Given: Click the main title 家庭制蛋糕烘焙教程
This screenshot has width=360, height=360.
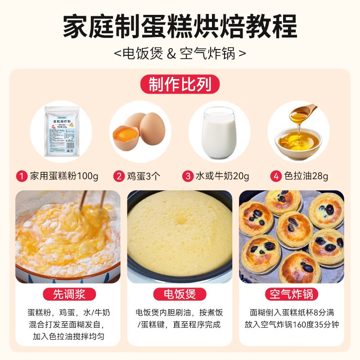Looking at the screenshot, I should pos(180,27).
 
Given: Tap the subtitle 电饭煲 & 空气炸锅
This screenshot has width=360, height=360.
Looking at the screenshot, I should pos(180,54).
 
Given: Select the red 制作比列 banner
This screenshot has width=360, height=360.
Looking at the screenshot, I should pos(180,84).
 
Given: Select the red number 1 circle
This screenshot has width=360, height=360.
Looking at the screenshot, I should pos(21,175).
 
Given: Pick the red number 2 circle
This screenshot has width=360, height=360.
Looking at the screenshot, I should pos(119,175).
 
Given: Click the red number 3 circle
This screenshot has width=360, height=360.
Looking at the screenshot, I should pos(188,175).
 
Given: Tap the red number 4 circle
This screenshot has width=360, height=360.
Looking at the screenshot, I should pos(276,175).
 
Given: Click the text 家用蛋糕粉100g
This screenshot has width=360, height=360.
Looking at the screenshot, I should pos(63,175).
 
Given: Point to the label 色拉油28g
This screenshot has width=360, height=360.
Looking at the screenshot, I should pos(306,175).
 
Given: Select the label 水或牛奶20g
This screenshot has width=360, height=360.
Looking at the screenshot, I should pos(222,175).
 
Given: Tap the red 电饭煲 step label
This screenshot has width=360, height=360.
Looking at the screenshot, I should pos(180,295).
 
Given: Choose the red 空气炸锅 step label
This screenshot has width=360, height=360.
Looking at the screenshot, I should pos(292,295).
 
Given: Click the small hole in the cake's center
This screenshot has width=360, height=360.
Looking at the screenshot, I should pos(181,220).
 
